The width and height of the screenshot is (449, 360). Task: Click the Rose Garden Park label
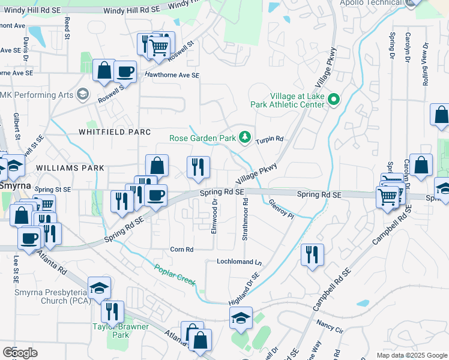pyautogui.click(x=202, y=138)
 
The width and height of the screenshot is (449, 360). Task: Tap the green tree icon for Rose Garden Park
pyautogui.click(x=244, y=138)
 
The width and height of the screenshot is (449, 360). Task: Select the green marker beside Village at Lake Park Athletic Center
pyautogui.click(x=334, y=100)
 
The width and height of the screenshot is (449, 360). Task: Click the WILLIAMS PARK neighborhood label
pyautogui.click(x=70, y=169)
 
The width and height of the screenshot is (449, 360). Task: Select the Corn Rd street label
pyautogui.click(x=182, y=249)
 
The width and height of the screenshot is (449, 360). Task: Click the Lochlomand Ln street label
pyautogui.click(x=240, y=262)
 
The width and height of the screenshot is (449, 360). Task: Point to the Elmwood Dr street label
pyautogui.click(x=214, y=217)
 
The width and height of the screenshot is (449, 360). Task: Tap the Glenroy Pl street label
pyautogui.click(x=281, y=209)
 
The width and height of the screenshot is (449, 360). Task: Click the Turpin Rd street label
pyautogui.click(x=269, y=139)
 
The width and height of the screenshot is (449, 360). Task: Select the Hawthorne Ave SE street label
pyautogui.click(x=172, y=75)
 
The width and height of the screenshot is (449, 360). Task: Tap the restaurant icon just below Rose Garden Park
pyautogui.click(x=198, y=167)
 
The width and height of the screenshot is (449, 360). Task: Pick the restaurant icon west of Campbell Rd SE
pyautogui.click(x=312, y=254)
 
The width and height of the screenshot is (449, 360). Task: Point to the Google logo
pyautogui.click(x=20, y=353)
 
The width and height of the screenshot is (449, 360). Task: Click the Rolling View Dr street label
pyautogui.click(x=426, y=64)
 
